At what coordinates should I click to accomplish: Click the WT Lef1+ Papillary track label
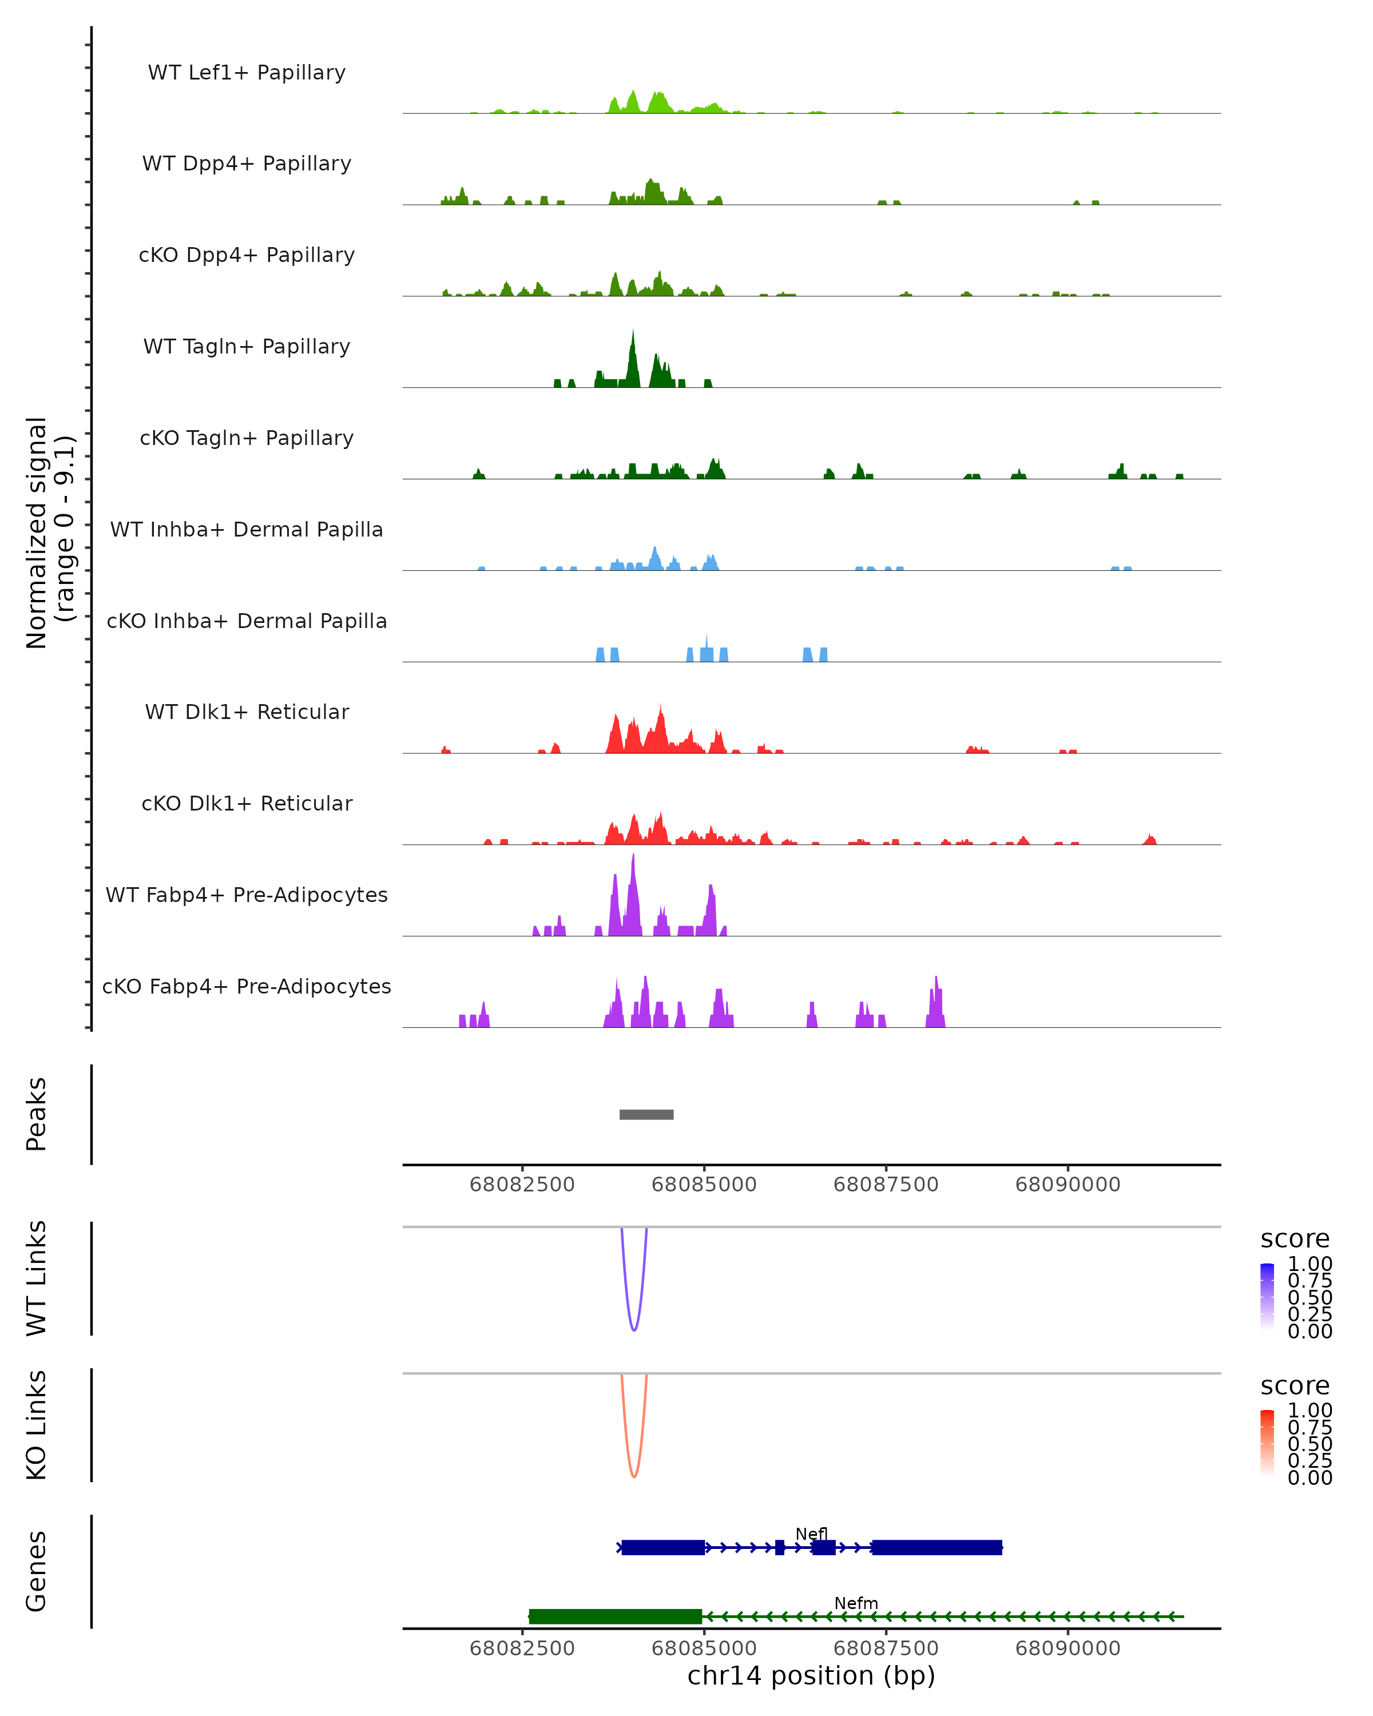click(x=247, y=73)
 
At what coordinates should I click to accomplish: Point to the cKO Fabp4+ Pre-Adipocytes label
click(x=247, y=986)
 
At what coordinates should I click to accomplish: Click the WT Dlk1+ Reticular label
click(x=247, y=712)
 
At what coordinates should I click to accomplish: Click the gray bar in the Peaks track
click(x=646, y=1114)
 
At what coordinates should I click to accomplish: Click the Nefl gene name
click(x=811, y=1534)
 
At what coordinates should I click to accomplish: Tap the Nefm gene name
click(x=856, y=1603)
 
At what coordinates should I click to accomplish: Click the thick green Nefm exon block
click(x=615, y=1616)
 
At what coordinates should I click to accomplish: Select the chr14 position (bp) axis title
click(x=811, y=1675)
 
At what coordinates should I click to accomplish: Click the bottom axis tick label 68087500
click(x=886, y=1647)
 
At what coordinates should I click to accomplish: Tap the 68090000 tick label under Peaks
click(x=1068, y=1185)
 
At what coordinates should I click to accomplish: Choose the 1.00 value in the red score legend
click(x=1309, y=1409)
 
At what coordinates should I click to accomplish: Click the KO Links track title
click(x=37, y=1425)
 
